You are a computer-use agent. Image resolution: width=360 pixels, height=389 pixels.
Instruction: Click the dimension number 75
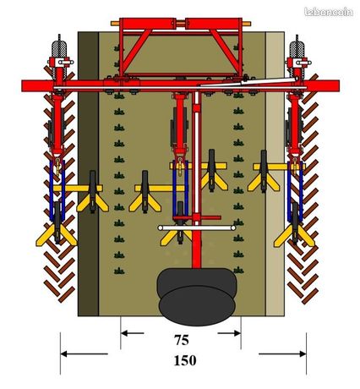click(x=182, y=340)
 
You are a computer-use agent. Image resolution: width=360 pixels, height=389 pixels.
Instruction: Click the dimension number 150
click(x=185, y=360)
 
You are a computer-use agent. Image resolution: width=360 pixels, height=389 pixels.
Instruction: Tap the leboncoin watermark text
click(x=329, y=12)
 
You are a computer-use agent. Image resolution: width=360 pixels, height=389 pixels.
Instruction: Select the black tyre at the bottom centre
click(x=197, y=297)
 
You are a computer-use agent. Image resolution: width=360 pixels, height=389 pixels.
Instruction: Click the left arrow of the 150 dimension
click(x=84, y=353)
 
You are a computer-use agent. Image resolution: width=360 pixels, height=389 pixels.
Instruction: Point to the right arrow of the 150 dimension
click(x=282, y=353)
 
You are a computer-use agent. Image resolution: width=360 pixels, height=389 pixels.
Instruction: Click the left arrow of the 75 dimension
click(x=133, y=333)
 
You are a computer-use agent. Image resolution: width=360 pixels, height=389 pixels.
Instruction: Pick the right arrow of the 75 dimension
click(x=229, y=333)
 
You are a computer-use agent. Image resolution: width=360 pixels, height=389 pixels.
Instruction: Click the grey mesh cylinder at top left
click(x=59, y=50)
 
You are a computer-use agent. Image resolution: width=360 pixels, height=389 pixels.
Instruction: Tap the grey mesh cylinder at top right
click(x=297, y=50)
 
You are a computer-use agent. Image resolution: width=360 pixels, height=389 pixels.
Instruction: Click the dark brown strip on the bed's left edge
click(x=88, y=173)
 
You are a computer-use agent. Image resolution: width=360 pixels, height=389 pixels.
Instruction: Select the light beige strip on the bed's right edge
click(x=275, y=173)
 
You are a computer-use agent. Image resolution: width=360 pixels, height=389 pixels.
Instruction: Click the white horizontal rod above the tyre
click(x=197, y=227)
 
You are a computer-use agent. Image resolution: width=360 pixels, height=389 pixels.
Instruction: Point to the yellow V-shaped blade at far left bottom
click(x=57, y=234)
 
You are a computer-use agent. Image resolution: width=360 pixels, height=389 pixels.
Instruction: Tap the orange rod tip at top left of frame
click(x=115, y=24)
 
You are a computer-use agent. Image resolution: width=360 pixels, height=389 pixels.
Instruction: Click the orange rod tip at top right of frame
click(x=247, y=24)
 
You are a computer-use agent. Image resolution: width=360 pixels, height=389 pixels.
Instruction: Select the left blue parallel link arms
click(x=57, y=190)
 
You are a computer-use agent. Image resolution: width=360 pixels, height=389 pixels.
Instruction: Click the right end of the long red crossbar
click(x=339, y=86)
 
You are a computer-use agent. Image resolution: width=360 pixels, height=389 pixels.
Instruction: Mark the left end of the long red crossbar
click(x=23, y=86)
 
